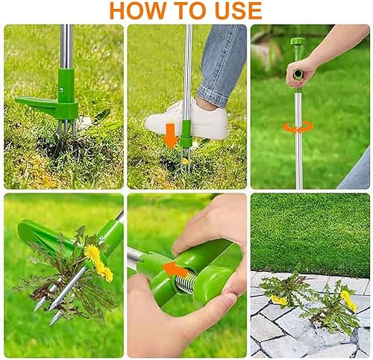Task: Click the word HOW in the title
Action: click(x=140, y=10)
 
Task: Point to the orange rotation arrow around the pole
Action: click(x=298, y=128)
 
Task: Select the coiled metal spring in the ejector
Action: click(x=186, y=283)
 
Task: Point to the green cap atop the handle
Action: click(x=298, y=42)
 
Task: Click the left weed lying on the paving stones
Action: click(x=285, y=290)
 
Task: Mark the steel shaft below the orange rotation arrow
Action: click(x=298, y=161)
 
